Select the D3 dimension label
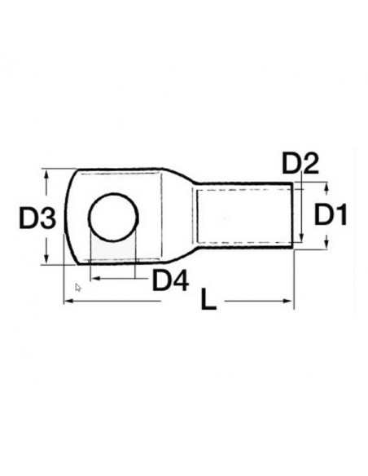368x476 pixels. tap(37, 218)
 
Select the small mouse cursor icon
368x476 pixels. tap(77, 287)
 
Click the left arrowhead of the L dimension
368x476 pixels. tap(67, 302)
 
